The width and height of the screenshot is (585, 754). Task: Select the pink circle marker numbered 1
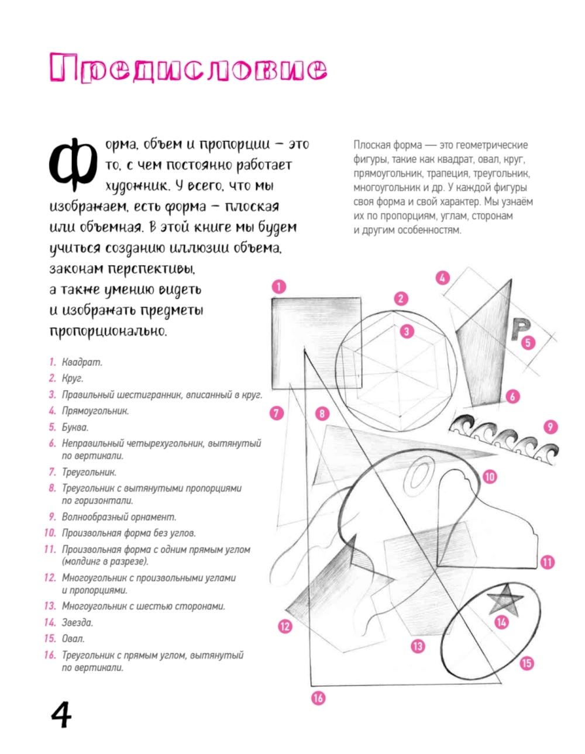point(279,286)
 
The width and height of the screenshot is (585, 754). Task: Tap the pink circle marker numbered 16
point(318,697)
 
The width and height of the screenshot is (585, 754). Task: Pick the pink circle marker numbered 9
point(550,426)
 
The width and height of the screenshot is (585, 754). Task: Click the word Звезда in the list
point(77,622)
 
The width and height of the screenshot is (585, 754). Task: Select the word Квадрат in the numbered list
point(82,362)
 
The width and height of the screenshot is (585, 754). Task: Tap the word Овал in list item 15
point(73,639)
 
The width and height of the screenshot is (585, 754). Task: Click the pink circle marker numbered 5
point(529,342)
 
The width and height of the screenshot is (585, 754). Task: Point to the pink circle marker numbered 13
point(417,646)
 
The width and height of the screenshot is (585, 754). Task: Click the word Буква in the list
point(75,427)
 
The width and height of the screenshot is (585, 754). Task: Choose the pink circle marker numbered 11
point(547,562)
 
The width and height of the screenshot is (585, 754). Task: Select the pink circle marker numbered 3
point(406,331)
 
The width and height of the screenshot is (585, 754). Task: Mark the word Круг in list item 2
point(73,378)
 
